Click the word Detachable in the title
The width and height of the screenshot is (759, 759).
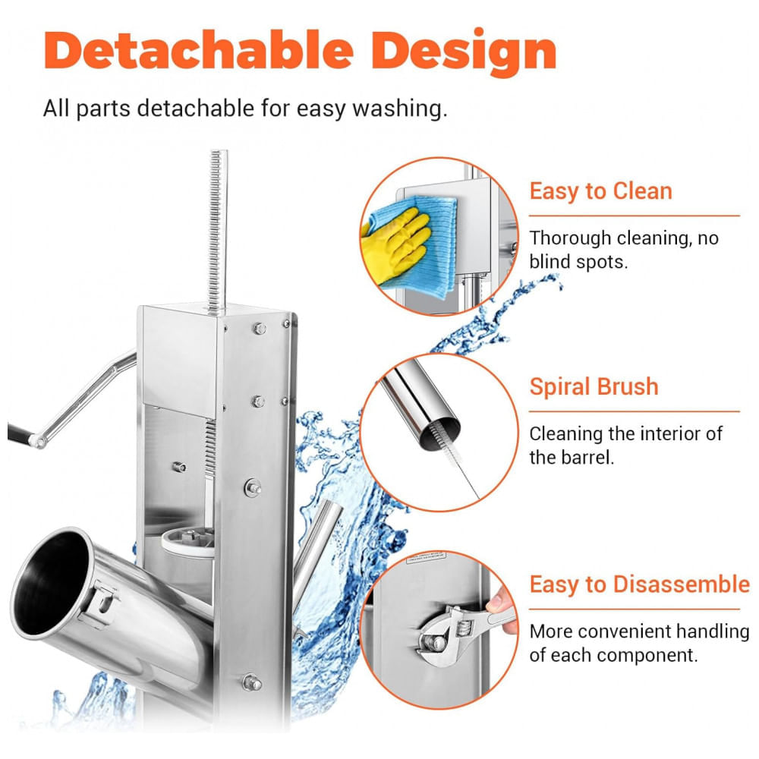pos(199,50)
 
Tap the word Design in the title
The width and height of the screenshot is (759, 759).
pos(464,53)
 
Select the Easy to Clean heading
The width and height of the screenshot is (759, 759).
pos(600,191)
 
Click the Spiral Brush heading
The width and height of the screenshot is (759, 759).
pos(594,386)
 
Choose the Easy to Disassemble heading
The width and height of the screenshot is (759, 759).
pos(639,584)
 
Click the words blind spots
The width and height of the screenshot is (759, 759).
pos(578,262)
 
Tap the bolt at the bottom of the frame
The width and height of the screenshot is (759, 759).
pos(252,682)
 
